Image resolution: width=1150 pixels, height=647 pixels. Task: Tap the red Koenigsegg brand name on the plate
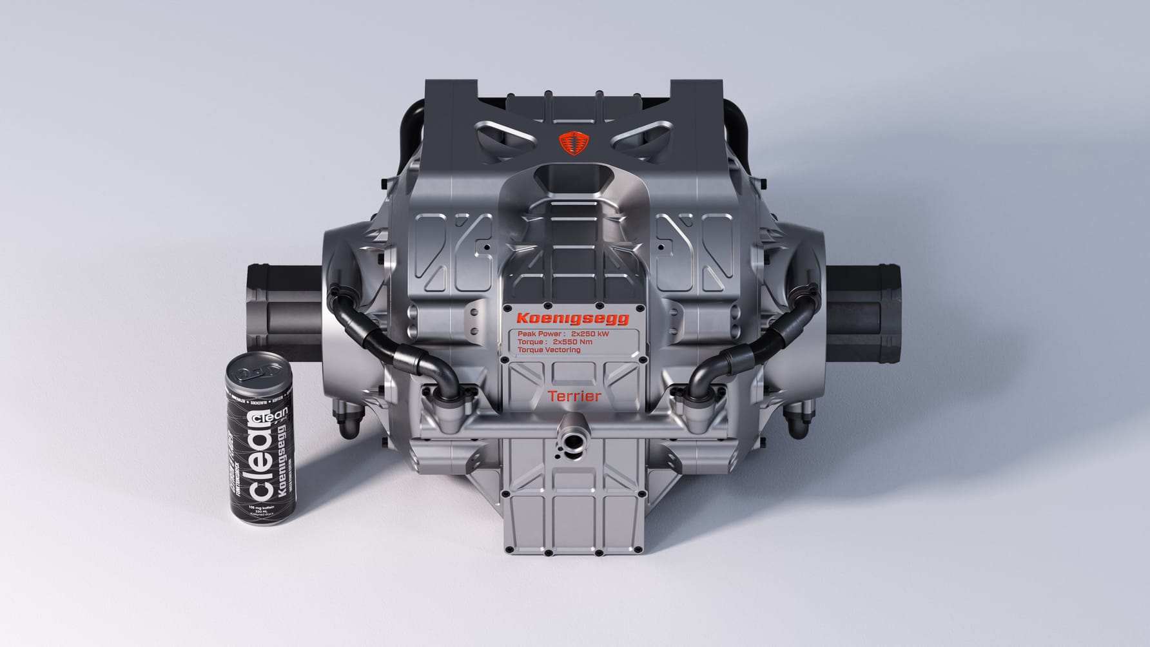[x=572, y=318]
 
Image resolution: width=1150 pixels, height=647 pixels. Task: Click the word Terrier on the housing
[x=574, y=396]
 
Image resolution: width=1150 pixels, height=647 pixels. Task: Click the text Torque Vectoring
[x=549, y=350]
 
